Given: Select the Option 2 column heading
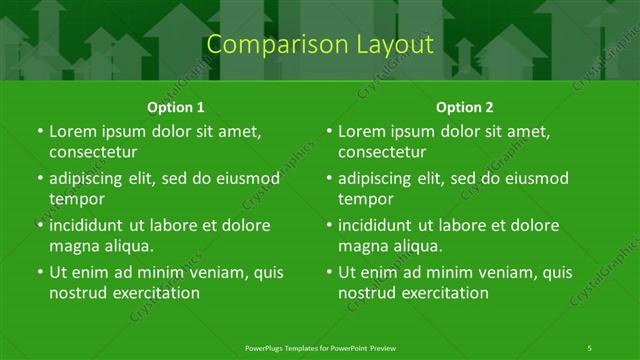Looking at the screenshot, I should point(465,106).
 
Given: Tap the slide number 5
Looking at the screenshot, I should point(590,347).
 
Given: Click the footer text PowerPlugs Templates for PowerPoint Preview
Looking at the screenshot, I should point(319,347).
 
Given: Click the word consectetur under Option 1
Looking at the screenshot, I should point(93,153).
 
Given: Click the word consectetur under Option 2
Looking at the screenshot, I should point(383,153).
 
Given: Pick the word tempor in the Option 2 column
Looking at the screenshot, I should point(366,199).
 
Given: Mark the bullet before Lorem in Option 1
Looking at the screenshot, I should point(40,132).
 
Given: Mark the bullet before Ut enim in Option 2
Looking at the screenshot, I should point(330,272).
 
